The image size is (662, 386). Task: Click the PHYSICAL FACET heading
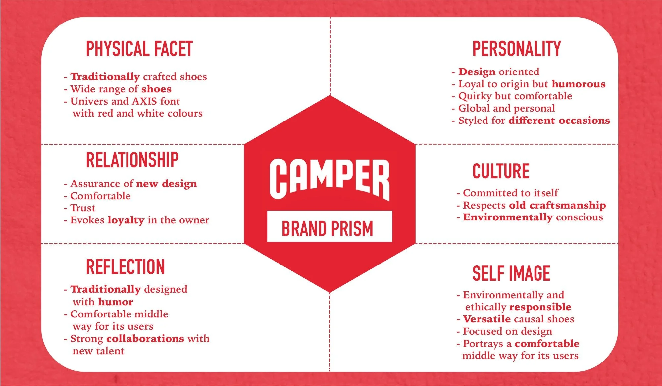139,49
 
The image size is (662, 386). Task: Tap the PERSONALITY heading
516,49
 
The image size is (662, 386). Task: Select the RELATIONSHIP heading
132,160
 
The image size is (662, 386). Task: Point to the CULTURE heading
501,171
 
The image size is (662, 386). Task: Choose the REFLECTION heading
125,267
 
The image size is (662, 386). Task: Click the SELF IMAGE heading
511,274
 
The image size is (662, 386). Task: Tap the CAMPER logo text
330,179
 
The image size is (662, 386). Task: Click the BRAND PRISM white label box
330,226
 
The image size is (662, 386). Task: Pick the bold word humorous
579,84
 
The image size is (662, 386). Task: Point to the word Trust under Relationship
83,208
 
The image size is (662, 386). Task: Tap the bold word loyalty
126,220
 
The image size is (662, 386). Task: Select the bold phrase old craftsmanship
557,205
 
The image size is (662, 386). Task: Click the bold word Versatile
486,319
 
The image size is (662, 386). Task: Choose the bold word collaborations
145,339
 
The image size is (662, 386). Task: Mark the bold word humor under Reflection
115,302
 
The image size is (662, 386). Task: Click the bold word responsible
540,307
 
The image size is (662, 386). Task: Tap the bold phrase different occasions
559,121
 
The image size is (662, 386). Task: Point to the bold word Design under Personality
477,72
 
